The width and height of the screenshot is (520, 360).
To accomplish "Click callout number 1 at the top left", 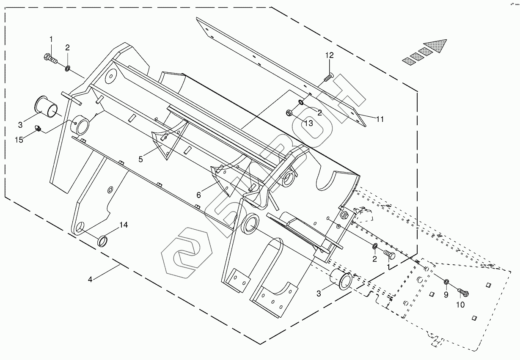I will pyautogui.click(x=51, y=39).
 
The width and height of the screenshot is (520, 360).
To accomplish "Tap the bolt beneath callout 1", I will pyautogui.click(x=50, y=58).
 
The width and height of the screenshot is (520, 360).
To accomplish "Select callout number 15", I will pyautogui.click(x=19, y=140).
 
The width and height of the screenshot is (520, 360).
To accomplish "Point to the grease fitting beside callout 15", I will pyautogui.click(x=38, y=128).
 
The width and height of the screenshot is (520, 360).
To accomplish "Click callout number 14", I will pyautogui.click(x=123, y=225).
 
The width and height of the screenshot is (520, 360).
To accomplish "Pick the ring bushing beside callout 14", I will pyautogui.click(x=103, y=242).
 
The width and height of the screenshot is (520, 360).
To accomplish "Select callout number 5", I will pyautogui.click(x=141, y=159).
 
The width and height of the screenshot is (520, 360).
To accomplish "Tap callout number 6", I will pyautogui.click(x=198, y=195).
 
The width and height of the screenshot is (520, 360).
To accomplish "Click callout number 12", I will pyautogui.click(x=330, y=55).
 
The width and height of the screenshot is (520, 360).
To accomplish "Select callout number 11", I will pyautogui.click(x=380, y=119).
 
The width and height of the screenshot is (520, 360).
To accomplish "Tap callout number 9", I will pyautogui.click(x=446, y=295).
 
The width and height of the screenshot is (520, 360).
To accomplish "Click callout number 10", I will pyautogui.click(x=460, y=304).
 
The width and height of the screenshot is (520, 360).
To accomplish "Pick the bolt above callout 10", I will pyautogui.click(x=463, y=291).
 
